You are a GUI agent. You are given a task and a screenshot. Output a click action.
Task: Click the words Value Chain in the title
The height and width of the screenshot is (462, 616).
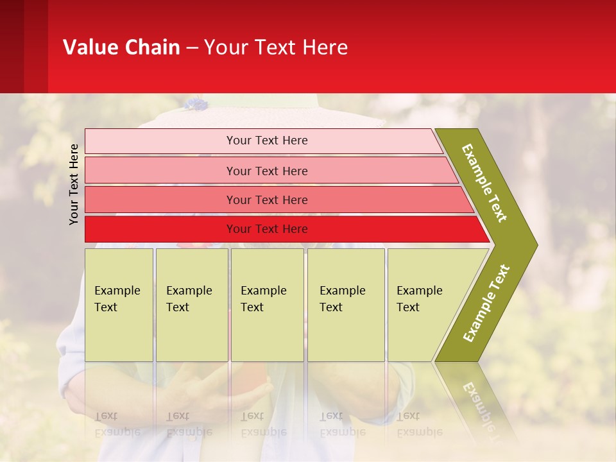pos(121,47)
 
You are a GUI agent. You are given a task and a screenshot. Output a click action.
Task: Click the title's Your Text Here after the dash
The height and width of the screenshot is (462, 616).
pos(276,47)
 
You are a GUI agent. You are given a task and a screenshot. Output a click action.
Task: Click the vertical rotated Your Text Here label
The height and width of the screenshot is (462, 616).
pos(74,184)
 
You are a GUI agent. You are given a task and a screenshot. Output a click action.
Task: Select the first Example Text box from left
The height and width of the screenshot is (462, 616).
pos(119,305)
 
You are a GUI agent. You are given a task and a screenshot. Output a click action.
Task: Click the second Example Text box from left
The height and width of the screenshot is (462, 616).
pos(192,305)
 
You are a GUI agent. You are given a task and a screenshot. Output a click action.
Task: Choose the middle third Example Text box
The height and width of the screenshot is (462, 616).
pos(267,305)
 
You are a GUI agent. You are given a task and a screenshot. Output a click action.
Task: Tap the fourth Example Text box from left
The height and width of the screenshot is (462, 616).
pos(346,305)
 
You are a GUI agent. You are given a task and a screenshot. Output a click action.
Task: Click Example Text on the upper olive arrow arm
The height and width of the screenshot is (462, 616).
pos(485,183)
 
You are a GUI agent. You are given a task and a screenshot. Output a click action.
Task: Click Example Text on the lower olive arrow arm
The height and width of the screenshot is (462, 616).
pos(486,303)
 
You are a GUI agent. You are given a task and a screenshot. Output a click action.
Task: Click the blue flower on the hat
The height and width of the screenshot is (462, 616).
pos(196,103)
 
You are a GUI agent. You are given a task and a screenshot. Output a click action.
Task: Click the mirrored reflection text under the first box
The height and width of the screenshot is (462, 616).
pos(117,424)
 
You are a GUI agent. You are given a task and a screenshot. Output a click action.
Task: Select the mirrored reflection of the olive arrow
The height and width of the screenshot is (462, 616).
pos(478,401)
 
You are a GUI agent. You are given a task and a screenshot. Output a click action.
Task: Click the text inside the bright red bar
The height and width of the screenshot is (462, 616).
pos(267,229)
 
